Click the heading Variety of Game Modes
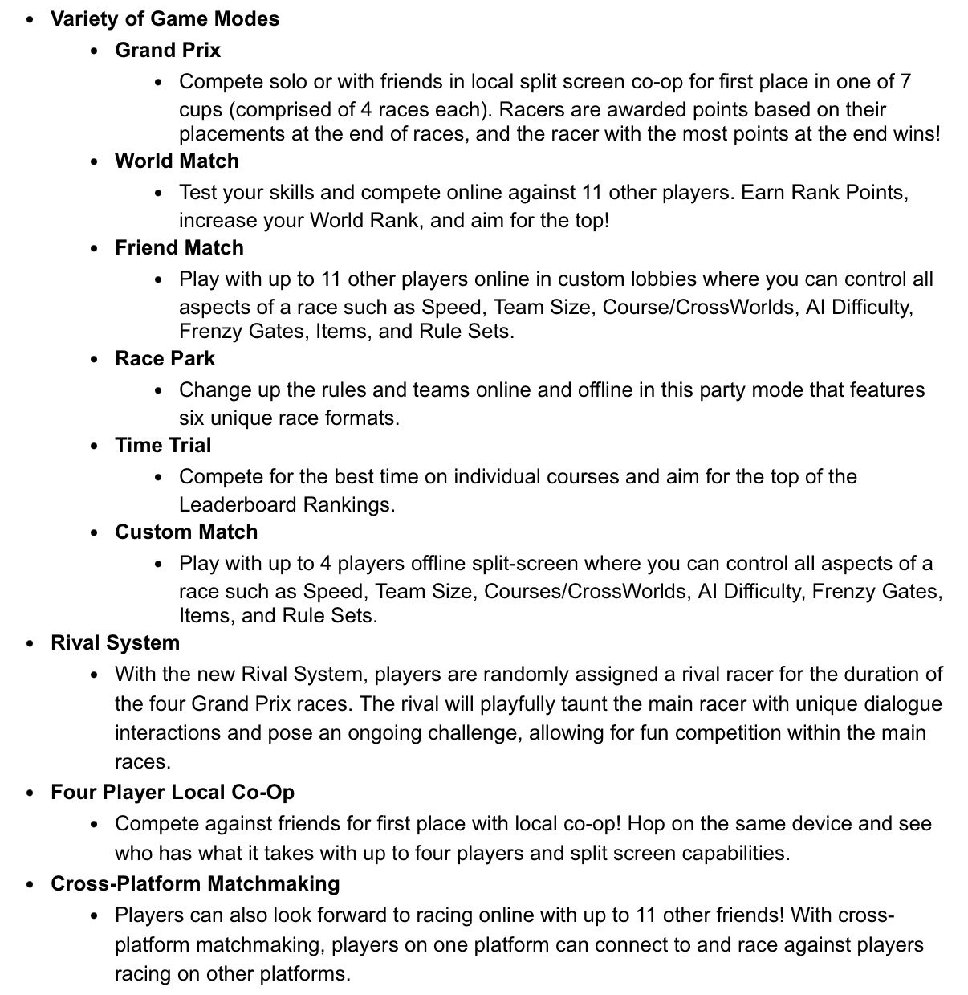point(165,18)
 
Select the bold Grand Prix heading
point(167,50)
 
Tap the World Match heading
point(177,161)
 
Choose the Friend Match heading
point(179,247)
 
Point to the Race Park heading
point(165,358)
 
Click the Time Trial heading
point(163,445)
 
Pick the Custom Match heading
point(186,532)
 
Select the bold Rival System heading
point(115,642)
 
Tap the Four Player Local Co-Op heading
point(172,792)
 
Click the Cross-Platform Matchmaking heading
point(195,883)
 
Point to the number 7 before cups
point(905,81)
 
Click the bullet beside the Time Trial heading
point(96,446)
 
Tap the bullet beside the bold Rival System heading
point(31,643)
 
